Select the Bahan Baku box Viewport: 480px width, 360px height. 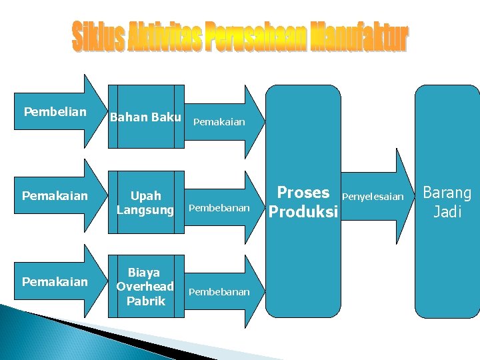[x=145, y=117]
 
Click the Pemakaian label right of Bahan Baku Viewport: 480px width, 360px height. [x=219, y=122]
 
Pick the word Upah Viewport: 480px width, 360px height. [x=145, y=196]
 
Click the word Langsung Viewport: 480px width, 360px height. [x=145, y=210]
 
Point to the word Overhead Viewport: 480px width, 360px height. [x=145, y=287]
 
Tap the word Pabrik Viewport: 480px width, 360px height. [x=145, y=301]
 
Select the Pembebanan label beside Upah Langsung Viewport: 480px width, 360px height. [x=219, y=208]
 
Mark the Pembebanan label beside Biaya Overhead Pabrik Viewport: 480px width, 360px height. [x=219, y=292]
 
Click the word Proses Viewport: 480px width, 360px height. [x=303, y=193]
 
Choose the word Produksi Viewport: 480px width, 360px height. [x=303, y=212]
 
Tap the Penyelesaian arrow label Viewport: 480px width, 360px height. [x=373, y=197]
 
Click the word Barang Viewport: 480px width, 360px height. [x=447, y=193]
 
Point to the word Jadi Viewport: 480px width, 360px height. [x=447, y=213]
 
